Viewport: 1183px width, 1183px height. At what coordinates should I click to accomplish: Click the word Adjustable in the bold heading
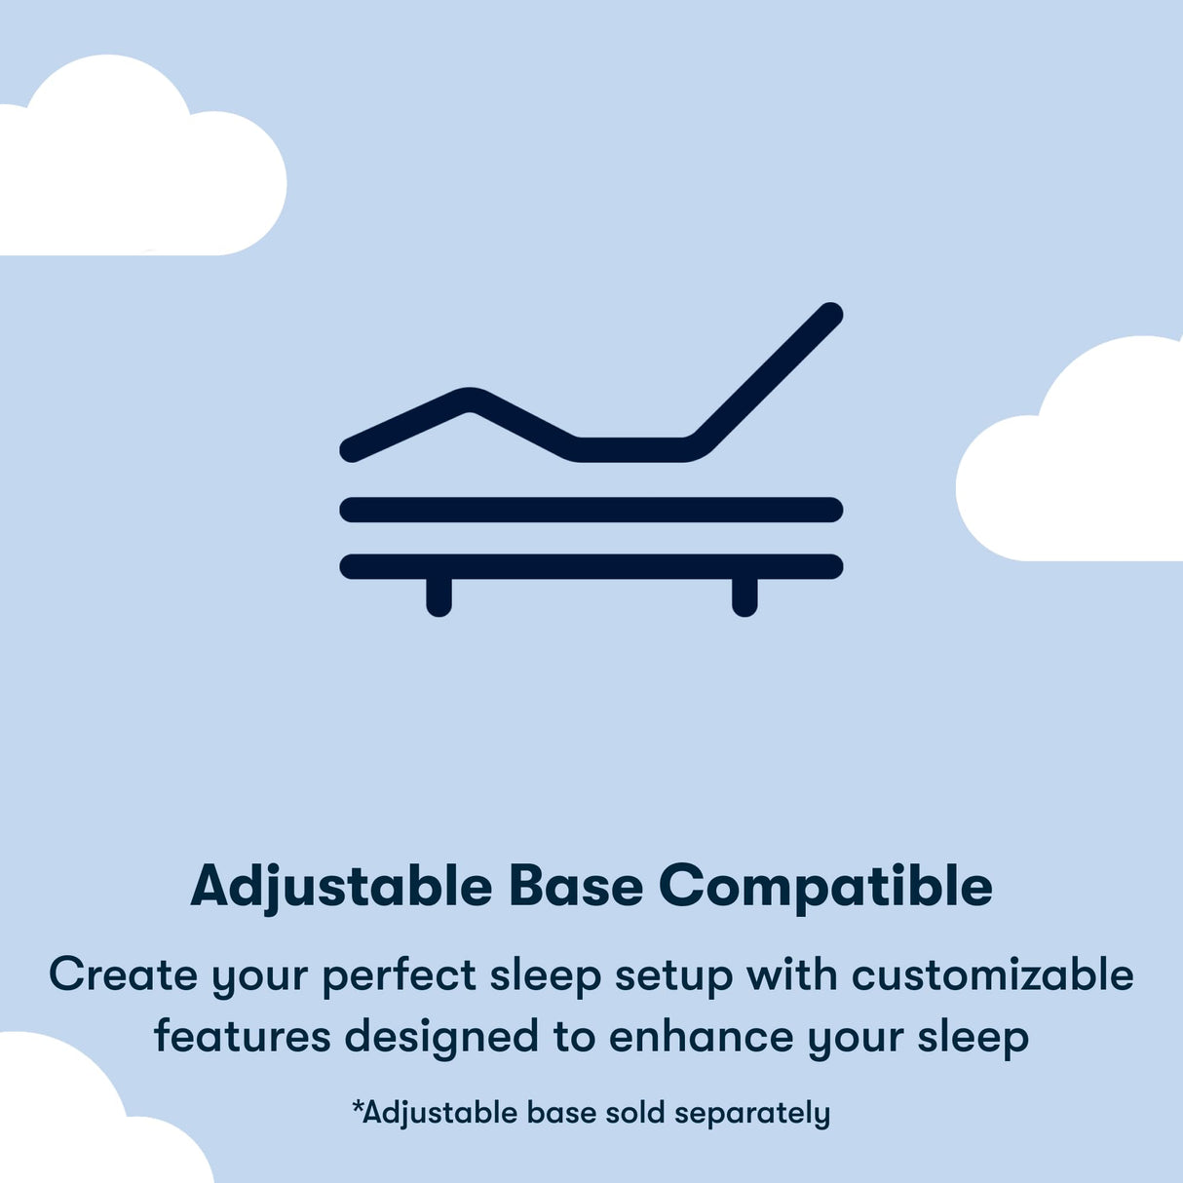[x=341, y=887]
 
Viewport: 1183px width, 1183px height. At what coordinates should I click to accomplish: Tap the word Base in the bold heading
[x=575, y=887]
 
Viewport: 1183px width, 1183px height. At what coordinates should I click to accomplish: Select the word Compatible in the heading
[x=825, y=887]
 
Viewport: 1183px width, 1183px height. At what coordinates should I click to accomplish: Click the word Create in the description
[x=123, y=974]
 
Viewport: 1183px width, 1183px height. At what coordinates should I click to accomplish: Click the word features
[x=242, y=1036]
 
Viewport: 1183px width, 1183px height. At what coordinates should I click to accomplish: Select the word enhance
[x=701, y=1036]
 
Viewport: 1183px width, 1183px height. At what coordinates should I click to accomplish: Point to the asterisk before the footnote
[x=358, y=1106]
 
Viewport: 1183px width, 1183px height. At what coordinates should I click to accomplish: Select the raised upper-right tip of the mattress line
[x=828, y=316]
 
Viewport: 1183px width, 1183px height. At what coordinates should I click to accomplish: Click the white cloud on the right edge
[x=1082, y=468]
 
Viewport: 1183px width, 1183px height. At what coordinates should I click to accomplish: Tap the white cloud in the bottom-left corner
[x=68, y=1121]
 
